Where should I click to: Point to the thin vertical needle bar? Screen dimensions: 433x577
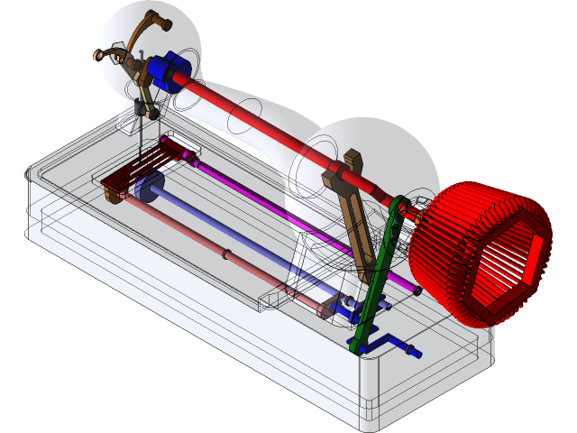pos(138,126)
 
